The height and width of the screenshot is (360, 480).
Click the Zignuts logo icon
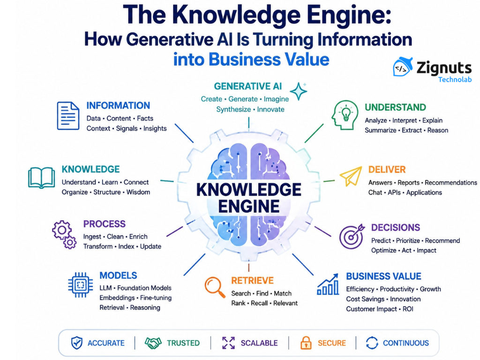403,67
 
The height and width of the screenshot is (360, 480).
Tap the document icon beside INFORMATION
68,116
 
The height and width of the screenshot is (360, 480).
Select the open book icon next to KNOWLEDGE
41,178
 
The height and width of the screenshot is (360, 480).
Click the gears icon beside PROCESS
64,234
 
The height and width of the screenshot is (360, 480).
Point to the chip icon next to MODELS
80,285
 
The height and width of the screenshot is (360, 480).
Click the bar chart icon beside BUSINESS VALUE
328,284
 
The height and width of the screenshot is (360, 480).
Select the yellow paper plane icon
351,176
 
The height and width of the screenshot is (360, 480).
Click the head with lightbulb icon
345,115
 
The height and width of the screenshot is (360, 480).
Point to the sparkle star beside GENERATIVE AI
299,91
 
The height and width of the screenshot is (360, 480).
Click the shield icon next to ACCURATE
76,343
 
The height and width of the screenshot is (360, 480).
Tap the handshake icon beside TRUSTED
153,343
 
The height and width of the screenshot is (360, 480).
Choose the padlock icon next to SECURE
306,343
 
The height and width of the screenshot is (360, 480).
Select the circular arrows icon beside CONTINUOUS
372,343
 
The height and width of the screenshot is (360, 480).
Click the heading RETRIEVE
252,280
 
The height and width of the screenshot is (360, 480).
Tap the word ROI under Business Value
408,309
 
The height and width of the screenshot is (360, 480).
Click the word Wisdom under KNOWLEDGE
138,192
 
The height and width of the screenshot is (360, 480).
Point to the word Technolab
455,80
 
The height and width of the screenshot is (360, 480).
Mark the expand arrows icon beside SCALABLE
228,343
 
